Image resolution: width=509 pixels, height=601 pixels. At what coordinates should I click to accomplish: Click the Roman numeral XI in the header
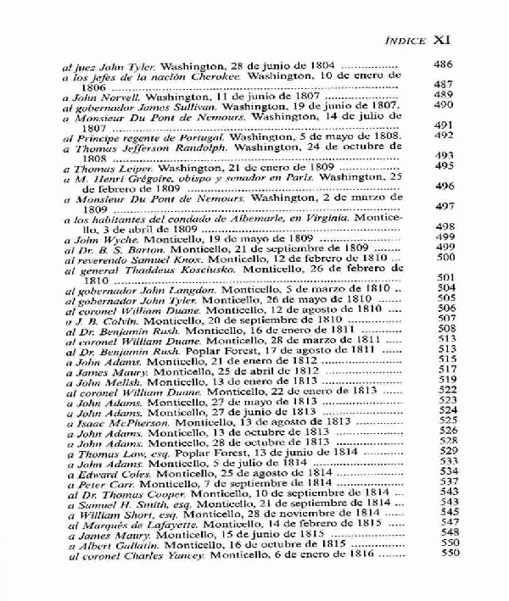[447, 39]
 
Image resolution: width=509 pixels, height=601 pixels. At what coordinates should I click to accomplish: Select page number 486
[445, 64]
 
